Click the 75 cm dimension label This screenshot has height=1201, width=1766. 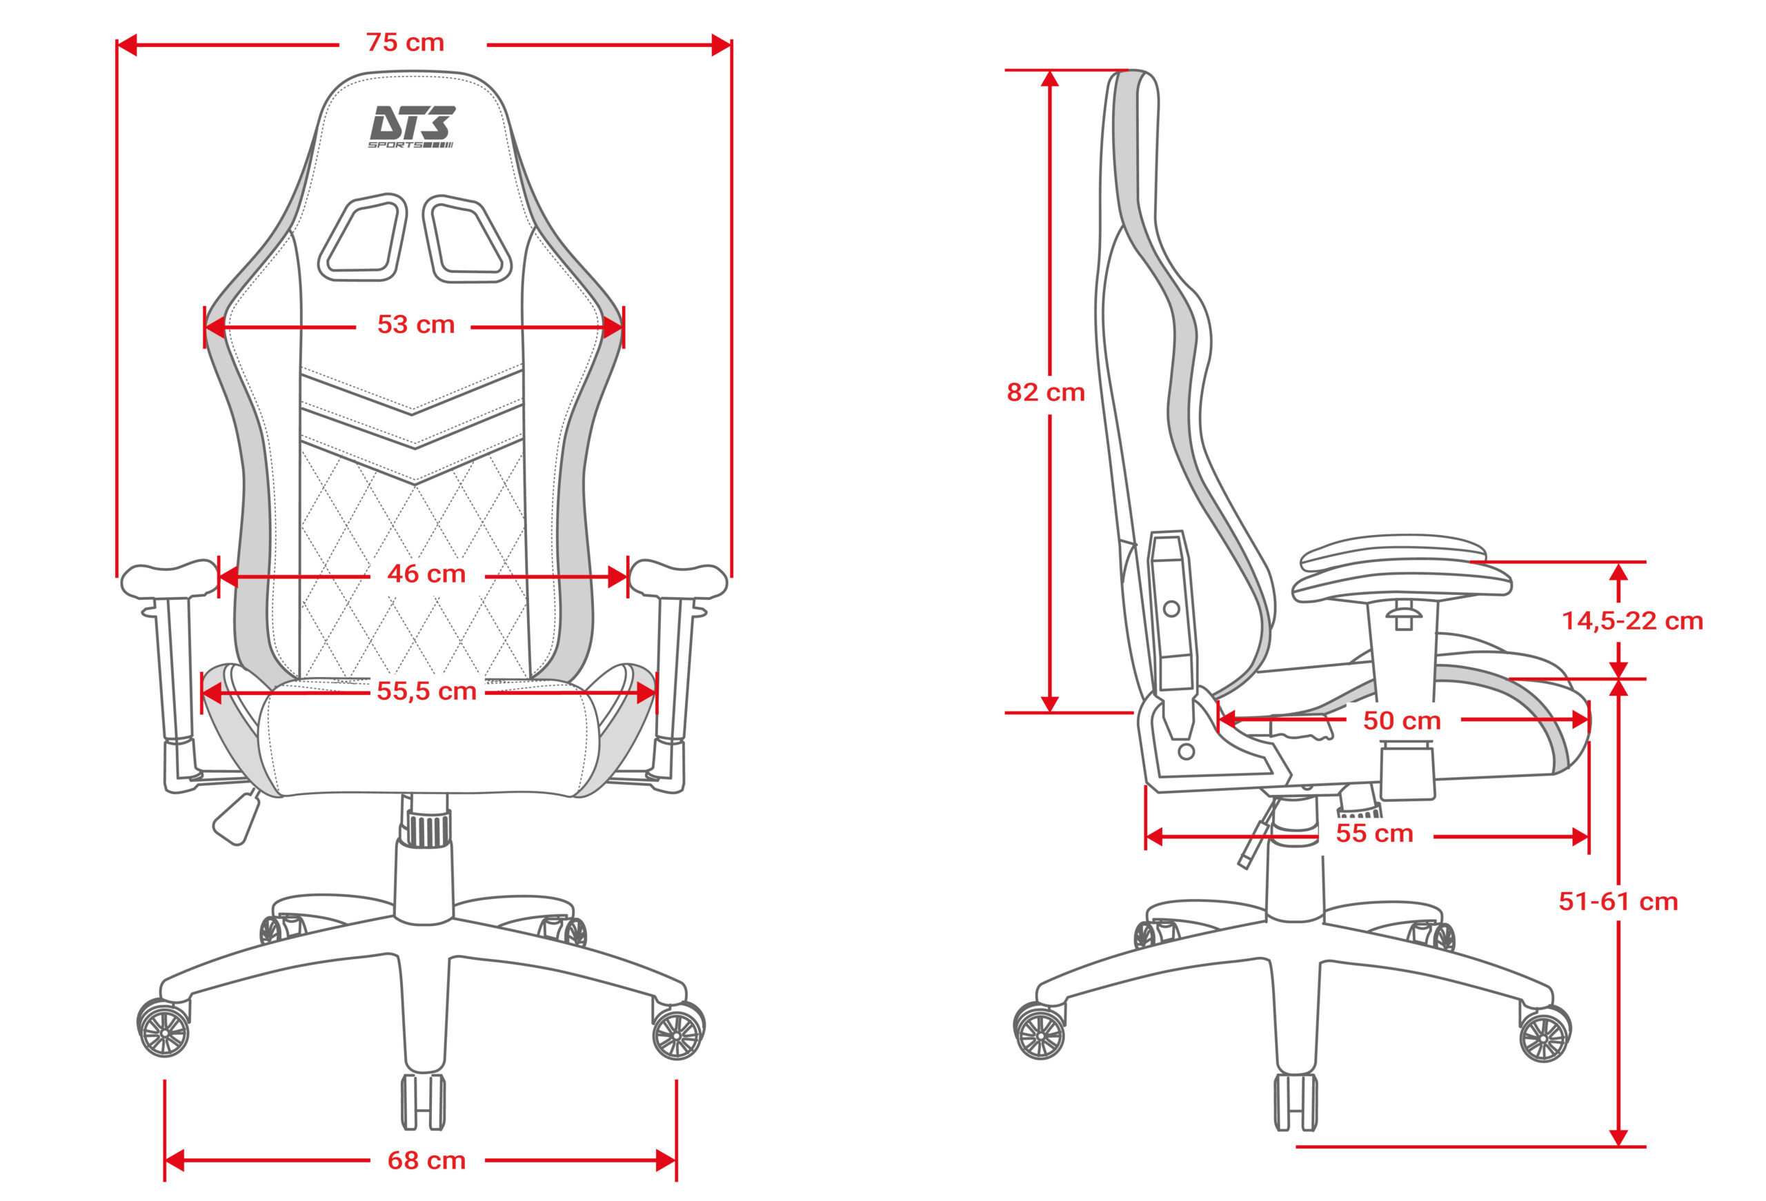[405, 43]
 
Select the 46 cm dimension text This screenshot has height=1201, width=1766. [426, 574]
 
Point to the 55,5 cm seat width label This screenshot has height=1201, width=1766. [426, 691]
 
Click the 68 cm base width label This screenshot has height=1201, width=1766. [426, 1160]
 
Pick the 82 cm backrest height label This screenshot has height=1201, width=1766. [1046, 392]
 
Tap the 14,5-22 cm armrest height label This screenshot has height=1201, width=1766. [1632, 620]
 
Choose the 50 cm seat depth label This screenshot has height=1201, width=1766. [1402, 720]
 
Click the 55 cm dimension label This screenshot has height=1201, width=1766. [1375, 834]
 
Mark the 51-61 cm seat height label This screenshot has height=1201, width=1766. [1618, 901]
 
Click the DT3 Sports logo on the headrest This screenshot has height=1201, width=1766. [412, 127]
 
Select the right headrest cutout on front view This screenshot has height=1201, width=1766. [466, 239]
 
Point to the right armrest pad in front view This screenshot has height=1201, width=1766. [679, 580]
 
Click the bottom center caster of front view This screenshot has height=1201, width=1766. [424, 1102]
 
